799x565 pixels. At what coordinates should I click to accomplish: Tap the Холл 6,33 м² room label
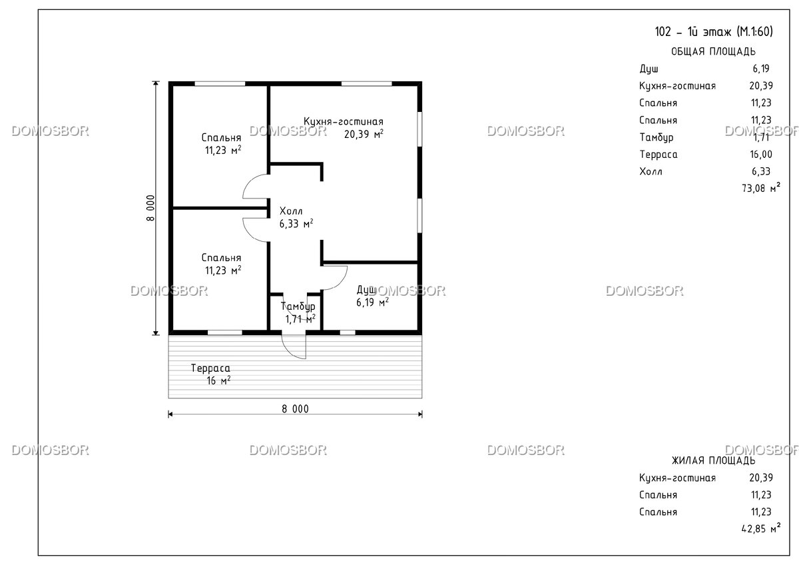[296, 217]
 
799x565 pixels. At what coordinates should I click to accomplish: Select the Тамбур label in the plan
[298, 306]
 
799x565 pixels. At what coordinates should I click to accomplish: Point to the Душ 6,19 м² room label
[372, 296]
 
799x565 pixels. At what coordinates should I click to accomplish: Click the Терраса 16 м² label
[210, 374]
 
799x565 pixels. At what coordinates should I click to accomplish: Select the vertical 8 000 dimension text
[150, 208]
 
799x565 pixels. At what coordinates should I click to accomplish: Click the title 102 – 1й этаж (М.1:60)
[714, 32]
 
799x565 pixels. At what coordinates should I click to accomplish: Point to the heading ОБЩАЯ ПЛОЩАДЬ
[713, 51]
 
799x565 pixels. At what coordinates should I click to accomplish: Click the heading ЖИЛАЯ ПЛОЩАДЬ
[713, 461]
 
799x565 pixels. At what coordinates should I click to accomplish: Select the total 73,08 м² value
[761, 187]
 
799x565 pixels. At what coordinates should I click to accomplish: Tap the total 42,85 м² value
[761, 528]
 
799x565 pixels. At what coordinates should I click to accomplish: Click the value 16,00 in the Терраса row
[761, 155]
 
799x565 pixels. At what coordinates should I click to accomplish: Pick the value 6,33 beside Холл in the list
[761, 172]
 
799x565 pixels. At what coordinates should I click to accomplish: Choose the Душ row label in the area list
[649, 69]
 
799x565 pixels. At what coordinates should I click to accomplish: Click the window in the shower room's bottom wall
[348, 332]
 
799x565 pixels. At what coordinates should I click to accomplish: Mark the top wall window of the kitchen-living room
[367, 84]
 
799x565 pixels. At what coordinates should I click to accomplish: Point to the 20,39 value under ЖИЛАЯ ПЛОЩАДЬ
[761, 478]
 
